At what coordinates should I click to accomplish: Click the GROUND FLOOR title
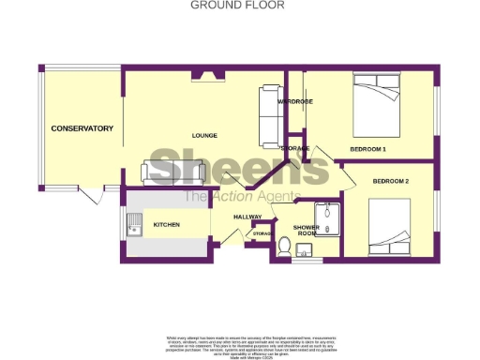click(x=238, y=5)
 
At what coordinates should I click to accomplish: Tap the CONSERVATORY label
click(x=82, y=128)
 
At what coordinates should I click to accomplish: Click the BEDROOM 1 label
click(x=368, y=149)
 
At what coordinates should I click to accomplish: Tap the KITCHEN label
click(x=167, y=225)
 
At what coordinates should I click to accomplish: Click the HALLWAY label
click(x=247, y=217)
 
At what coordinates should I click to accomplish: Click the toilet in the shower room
click(x=285, y=246)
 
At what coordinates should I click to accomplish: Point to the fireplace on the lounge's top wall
click(x=204, y=75)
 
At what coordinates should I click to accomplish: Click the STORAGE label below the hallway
click(x=262, y=232)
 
